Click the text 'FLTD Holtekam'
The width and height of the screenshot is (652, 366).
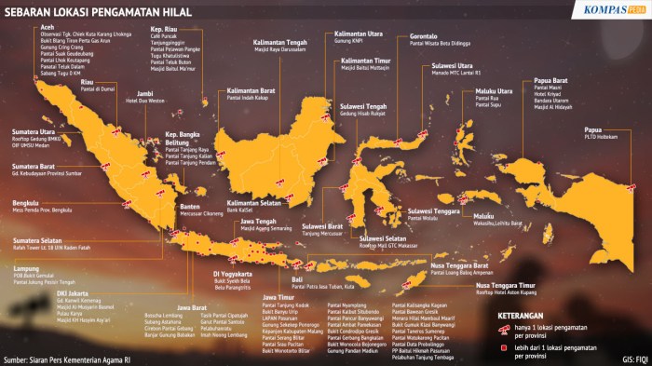(603, 137)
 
